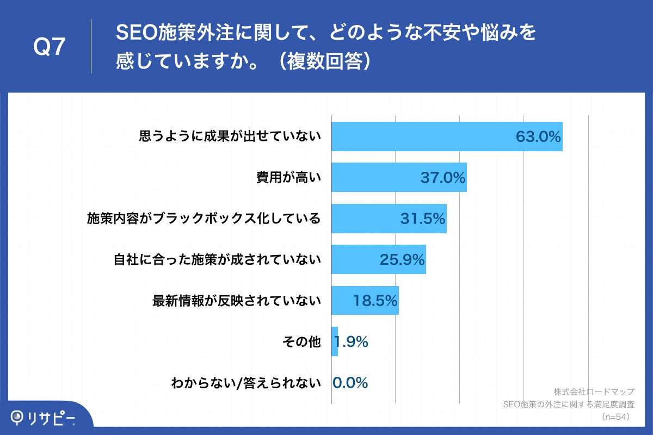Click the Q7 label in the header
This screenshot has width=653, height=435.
pyautogui.click(x=50, y=48)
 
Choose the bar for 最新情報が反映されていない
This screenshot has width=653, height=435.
pyautogui.click(x=348, y=300)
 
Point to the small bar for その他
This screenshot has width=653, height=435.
pyautogui.click(x=335, y=341)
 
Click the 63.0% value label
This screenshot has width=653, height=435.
pyautogui.click(x=538, y=136)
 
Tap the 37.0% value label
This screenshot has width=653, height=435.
pyautogui.click(x=443, y=177)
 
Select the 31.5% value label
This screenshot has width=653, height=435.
pyautogui.click(x=423, y=219)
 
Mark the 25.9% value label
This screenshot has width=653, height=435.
pyautogui.click(x=402, y=259)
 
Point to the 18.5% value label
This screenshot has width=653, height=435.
pyautogui.click(x=375, y=300)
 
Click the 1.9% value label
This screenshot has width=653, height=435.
pyautogui.click(x=352, y=341)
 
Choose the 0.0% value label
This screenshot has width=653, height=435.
pyautogui.click(x=350, y=383)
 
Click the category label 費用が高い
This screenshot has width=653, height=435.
pyautogui.click(x=288, y=177)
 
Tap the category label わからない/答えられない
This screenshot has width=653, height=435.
pyautogui.click(x=245, y=383)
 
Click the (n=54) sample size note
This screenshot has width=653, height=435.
pyautogui.click(x=615, y=417)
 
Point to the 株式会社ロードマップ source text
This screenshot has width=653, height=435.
pyautogui.click(x=594, y=392)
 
